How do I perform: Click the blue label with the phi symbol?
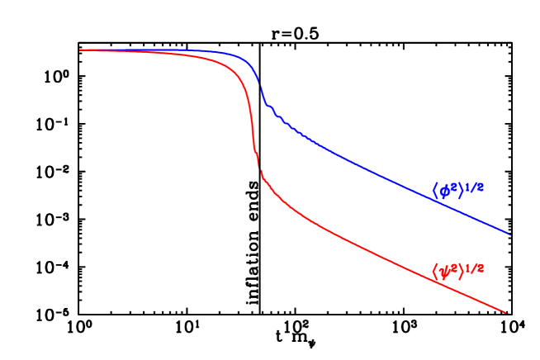(457, 190)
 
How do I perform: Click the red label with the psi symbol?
(457, 270)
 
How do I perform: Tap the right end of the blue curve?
(509, 234)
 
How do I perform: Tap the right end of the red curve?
(506, 313)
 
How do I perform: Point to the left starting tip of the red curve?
(80, 50)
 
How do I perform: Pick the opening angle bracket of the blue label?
(435, 191)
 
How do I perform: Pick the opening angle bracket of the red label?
(435, 271)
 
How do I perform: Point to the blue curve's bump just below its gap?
(269, 107)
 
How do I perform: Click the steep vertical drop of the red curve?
(252, 124)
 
